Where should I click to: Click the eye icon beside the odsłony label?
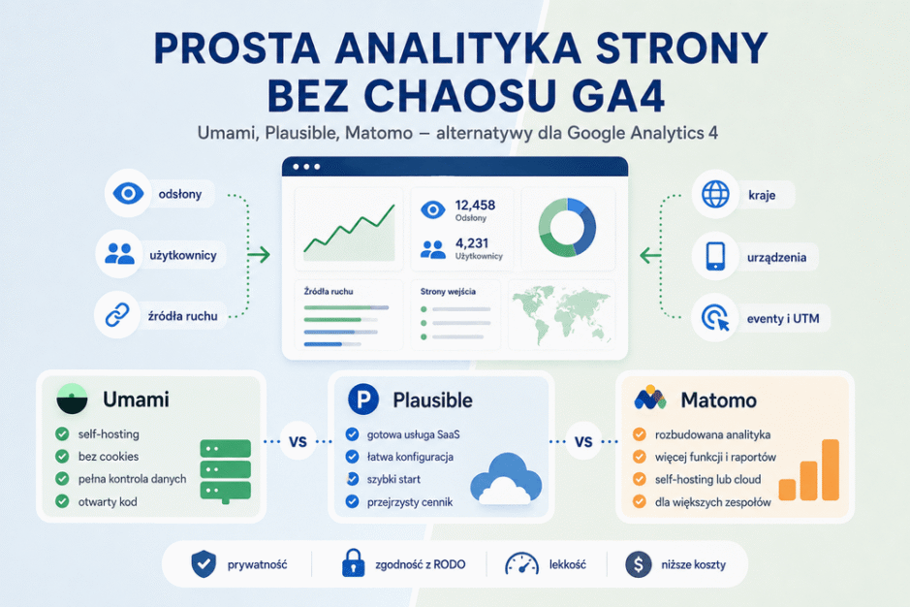128,193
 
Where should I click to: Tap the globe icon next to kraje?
715,194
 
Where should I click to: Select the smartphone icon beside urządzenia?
715,256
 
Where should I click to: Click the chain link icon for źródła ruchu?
117,315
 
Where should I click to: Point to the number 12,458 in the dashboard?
475,205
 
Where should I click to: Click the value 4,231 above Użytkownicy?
471,243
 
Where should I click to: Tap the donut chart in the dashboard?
567,227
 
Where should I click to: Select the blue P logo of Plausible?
363,399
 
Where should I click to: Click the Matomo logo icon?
649,398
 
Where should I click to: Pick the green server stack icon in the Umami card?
225,471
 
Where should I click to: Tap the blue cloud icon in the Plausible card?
506,478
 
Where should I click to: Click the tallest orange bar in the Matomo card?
831,470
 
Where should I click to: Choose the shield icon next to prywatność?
204,564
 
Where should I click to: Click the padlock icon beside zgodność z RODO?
353,562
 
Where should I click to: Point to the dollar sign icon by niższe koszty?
639,564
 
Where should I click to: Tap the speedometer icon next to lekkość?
521,563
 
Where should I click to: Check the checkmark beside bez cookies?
62,456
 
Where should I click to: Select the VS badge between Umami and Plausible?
298,442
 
